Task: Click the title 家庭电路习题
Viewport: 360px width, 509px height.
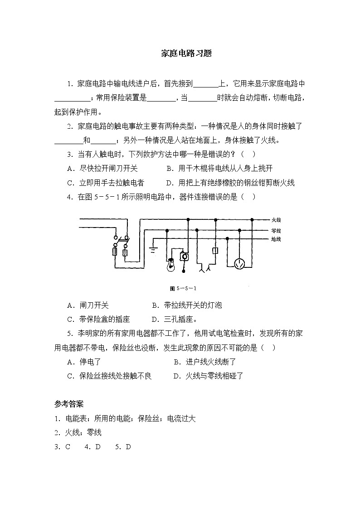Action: pyautogui.click(x=180, y=53)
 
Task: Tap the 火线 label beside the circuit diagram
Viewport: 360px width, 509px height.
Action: pyautogui.click(x=276, y=220)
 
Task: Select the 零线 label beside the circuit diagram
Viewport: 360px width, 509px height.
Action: pyautogui.click(x=276, y=230)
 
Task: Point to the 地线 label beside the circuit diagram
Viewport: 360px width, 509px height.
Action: pyautogui.click(x=276, y=239)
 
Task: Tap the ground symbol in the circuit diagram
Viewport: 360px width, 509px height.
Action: pyautogui.click(x=154, y=249)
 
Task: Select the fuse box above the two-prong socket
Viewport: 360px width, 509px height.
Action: pyautogui.click(x=215, y=251)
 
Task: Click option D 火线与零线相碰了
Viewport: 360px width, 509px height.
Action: pyautogui.click(x=209, y=376)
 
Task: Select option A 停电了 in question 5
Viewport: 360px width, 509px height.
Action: pyautogui.click(x=84, y=362)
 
